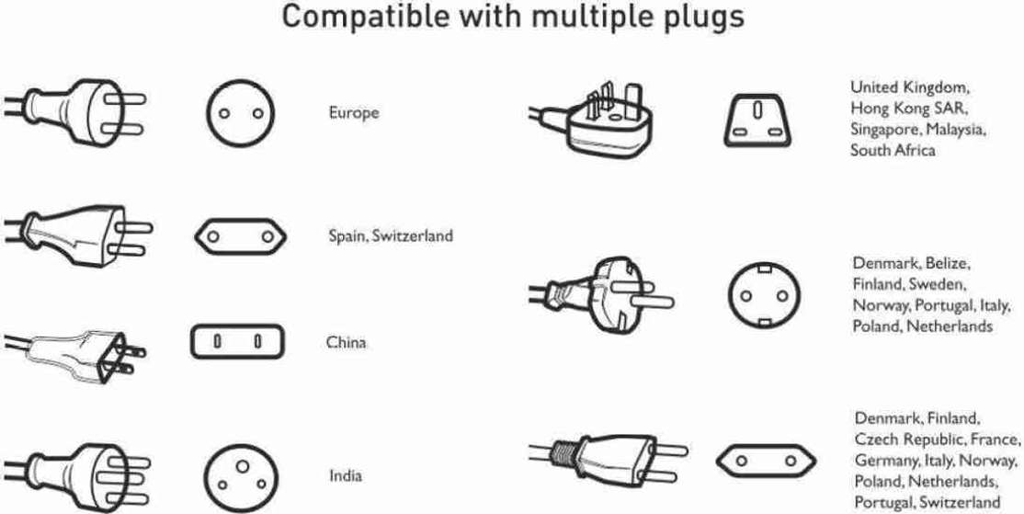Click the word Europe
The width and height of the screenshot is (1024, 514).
(x=353, y=113)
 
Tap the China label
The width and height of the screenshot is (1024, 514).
(x=347, y=342)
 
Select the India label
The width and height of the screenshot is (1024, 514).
(x=346, y=475)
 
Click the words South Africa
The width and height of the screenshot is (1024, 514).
(x=892, y=150)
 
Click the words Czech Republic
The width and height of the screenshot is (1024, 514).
(x=910, y=439)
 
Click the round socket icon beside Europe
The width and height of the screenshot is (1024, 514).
(x=241, y=113)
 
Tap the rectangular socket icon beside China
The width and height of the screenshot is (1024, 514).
(x=238, y=341)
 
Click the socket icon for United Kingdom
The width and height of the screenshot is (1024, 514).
(x=757, y=120)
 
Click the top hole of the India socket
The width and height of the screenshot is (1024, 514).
(x=243, y=465)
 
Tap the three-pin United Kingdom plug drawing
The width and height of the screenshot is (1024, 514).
(x=595, y=120)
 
